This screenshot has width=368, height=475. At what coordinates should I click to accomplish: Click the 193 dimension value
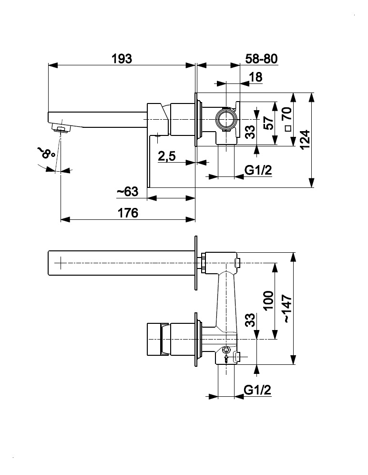coord(122,59)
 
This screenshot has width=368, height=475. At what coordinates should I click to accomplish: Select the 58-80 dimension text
coord(261,59)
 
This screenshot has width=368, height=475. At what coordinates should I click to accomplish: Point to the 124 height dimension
coord(306,139)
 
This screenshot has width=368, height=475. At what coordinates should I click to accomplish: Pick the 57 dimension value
coord(269,123)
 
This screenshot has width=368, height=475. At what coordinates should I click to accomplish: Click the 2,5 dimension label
coord(167,156)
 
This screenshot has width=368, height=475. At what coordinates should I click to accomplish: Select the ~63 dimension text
coord(127,192)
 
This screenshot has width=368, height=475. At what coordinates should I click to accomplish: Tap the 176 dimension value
coord(128,213)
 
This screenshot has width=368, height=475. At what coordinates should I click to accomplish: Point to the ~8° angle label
coord(46,153)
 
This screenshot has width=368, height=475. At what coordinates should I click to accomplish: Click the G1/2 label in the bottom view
coord(257,390)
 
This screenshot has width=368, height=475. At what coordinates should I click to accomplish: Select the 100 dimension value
coord(268,301)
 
